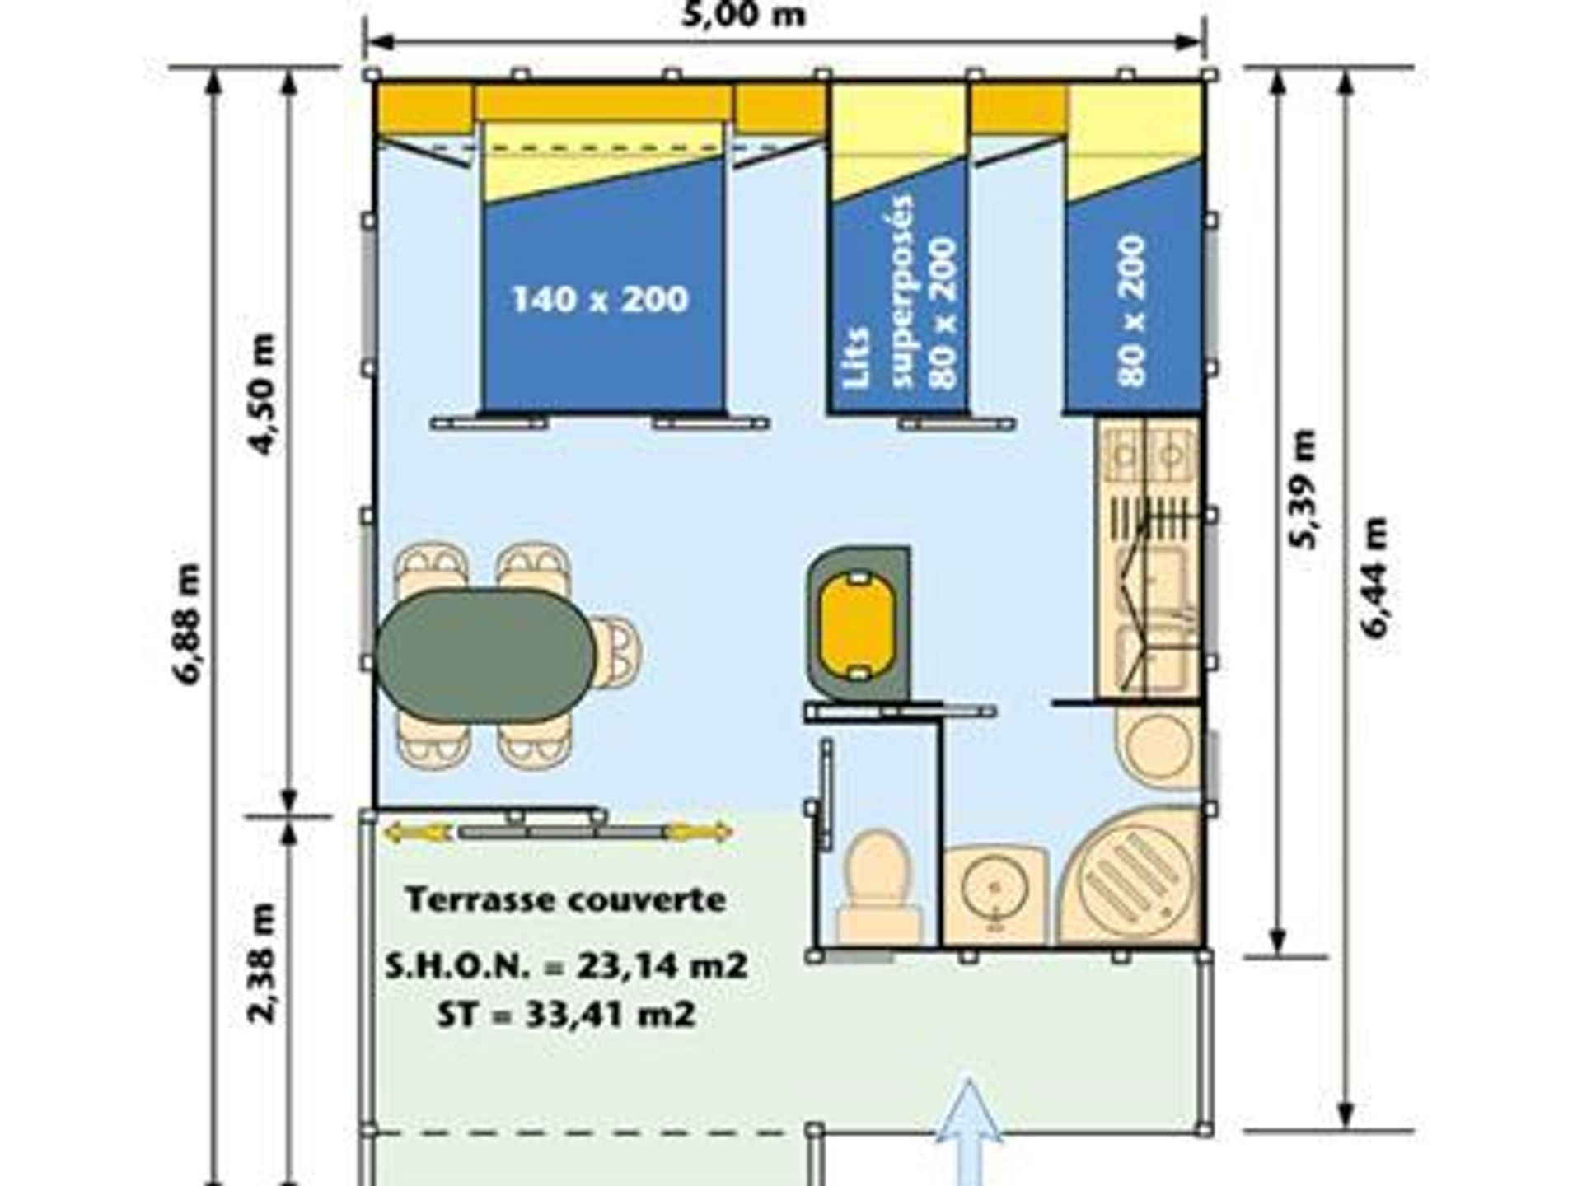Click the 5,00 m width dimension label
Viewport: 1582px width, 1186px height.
pos(743,13)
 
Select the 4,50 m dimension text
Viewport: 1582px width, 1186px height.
pos(262,394)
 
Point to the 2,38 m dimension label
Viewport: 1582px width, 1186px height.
pos(262,964)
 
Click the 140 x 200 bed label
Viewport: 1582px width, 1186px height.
pos(600,298)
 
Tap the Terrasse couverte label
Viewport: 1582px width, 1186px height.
pos(567,899)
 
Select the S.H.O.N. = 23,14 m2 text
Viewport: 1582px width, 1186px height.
pos(567,965)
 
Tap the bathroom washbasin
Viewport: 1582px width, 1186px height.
pos(995,896)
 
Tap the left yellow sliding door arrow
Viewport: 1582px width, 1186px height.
pos(417,833)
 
